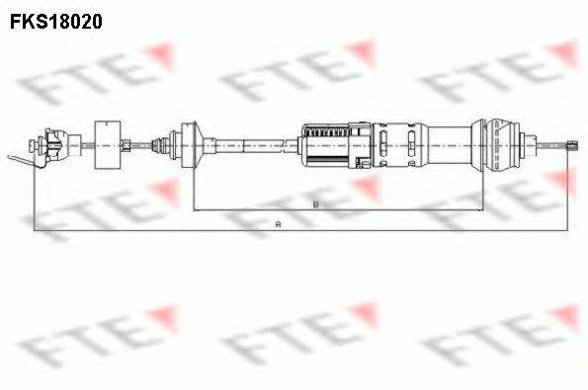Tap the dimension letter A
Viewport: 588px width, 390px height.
click(280, 225)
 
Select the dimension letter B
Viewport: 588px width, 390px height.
click(314, 204)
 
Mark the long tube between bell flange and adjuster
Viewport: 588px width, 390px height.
click(247, 144)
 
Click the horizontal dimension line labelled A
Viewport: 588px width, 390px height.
click(148, 230)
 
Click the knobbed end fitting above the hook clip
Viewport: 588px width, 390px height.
click(49, 144)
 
